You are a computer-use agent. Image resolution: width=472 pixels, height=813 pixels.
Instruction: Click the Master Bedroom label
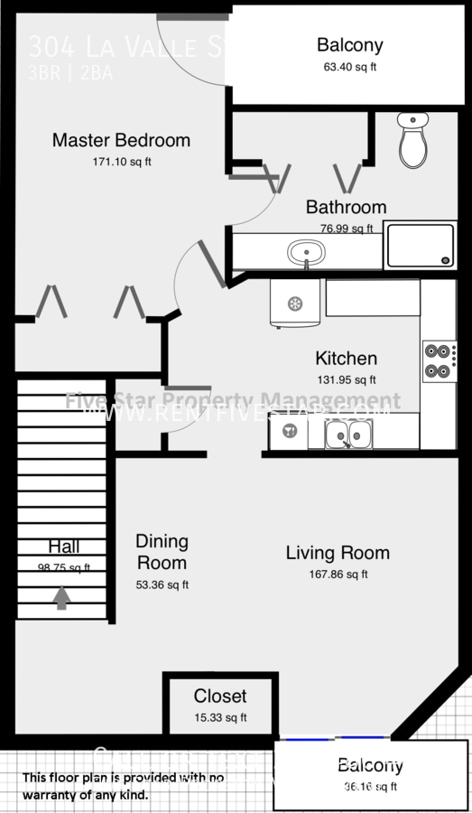(121, 140)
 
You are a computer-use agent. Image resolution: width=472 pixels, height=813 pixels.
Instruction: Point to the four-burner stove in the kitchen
(439, 360)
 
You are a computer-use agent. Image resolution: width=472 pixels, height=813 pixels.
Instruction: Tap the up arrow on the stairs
(61, 597)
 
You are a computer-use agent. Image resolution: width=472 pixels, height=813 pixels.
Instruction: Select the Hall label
(64, 547)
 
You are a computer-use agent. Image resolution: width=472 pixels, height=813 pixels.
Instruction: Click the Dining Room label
(162, 552)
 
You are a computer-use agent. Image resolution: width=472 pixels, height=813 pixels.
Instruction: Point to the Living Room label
(338, 553)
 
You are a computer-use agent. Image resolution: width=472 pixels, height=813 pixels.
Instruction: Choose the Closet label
(220, 696)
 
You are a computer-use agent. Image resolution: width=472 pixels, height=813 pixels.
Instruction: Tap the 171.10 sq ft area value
(122, 163)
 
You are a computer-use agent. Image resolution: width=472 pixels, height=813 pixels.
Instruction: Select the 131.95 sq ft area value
(346, 380)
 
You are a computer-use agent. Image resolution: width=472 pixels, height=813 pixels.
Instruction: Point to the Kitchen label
(346, 359)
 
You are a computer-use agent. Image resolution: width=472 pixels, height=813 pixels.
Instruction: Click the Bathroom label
(346, 207)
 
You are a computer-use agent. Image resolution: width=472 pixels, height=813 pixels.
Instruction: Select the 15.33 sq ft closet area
(220, 718)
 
